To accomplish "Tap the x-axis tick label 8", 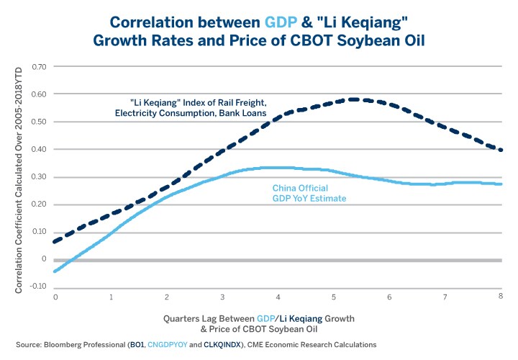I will tap(500, 297).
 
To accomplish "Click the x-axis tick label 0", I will tap(55, 297).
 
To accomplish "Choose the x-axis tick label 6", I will tap(390, 297).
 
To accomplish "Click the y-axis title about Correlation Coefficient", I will tap(19, 176).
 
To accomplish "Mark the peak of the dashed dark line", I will tap(353, 99).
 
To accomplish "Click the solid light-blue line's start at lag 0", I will tap(55, 272).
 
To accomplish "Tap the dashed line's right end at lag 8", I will tap(501, 150).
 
